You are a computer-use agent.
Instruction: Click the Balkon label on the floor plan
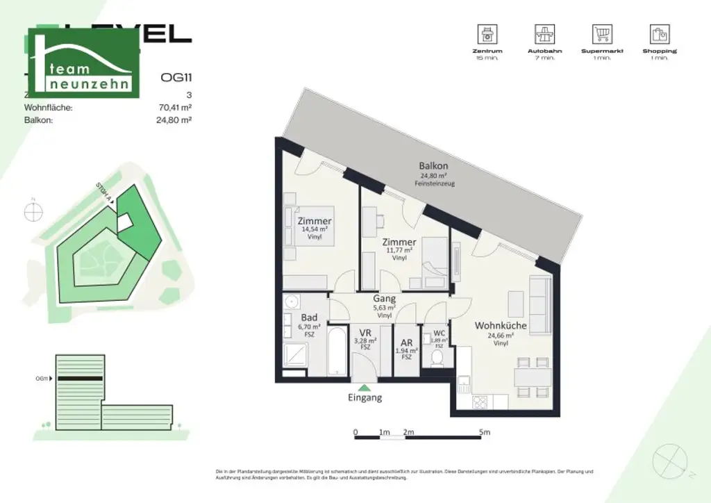point(433,166)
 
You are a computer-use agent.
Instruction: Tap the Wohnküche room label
point(500,325)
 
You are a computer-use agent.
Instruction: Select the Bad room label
point(309,318)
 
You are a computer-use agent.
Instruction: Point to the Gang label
point(384,299)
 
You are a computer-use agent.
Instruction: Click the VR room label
point(366,333)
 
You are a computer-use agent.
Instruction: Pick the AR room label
point(408,343)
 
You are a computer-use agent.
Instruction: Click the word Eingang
point(365,398)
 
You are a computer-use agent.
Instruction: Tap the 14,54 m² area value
point(315,229)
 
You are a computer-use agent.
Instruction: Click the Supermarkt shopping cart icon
point(601,33)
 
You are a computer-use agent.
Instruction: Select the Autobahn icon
point(544,33)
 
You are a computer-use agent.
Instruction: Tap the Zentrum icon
point(486,33)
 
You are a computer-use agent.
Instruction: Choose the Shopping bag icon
point(659,33)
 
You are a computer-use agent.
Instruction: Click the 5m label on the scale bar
point(484,432)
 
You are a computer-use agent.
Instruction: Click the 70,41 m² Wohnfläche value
point(175,108)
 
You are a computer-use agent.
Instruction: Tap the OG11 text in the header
point(176,78)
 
